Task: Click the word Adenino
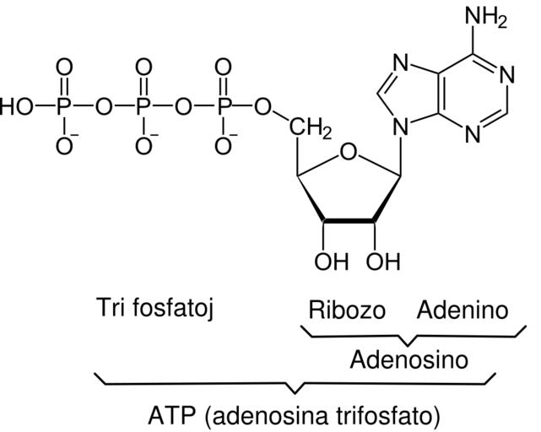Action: (463, 310)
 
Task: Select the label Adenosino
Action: (408, 361)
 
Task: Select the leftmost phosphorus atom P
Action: (64, 107)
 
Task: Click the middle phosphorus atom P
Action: (143, 107)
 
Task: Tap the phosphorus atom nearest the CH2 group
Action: (223, 107)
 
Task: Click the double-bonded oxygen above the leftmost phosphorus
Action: (64, 67)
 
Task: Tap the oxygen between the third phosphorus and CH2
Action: (263, 107)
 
